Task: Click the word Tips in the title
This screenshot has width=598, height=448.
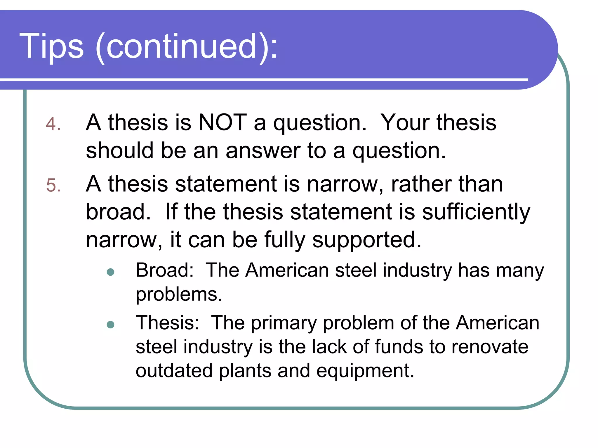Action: coord(52,46)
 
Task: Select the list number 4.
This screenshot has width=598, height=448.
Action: coord(53,124)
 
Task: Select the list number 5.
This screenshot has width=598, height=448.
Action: coord(53,185)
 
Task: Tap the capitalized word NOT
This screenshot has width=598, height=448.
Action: coord(222,123)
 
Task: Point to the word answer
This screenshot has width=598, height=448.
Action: coord(263,151)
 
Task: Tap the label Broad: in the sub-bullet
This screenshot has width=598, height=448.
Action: coord(165,270)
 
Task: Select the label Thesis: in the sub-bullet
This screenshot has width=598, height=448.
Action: coord(168,323)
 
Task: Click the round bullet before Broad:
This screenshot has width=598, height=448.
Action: coord(111,272)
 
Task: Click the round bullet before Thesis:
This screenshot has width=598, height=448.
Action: coord(111,325)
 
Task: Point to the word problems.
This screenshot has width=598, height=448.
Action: coord(179,295)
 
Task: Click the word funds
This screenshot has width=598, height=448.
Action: coord(399,347)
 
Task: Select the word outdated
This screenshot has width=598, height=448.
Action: coord(174,371)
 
